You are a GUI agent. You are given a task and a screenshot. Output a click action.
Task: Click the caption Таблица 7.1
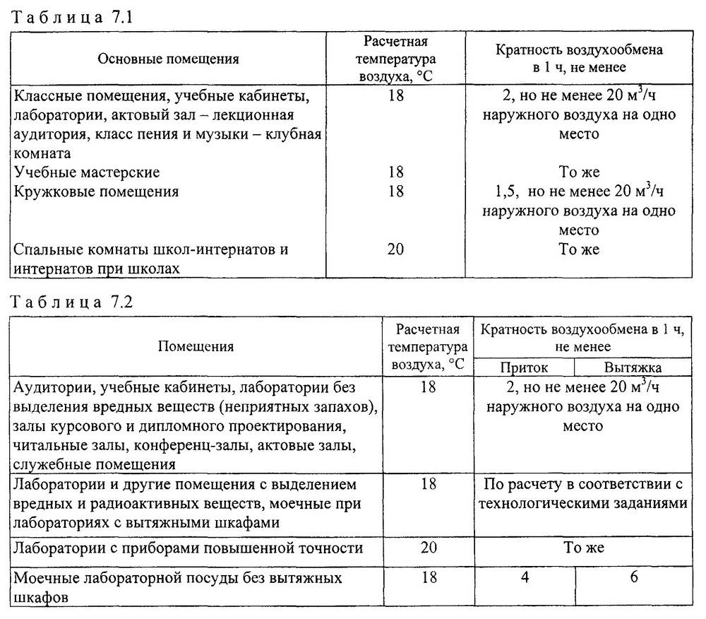click(x=65, y=18)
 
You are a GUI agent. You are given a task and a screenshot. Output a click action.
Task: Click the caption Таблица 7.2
click(x=65, y=302)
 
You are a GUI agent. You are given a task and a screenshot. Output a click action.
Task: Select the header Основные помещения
click(x=168, y=59)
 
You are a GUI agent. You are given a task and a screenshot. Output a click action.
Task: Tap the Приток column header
click(x=524, y=367)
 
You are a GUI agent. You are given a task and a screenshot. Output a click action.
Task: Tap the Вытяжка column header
click(x=633, y=367)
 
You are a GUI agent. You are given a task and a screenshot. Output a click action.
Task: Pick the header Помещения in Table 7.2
click(x=196, y=346)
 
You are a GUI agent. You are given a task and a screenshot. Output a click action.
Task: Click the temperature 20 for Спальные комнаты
click(x=396, y=249)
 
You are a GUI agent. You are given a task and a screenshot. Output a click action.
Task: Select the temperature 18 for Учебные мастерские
click(x=396, y=172)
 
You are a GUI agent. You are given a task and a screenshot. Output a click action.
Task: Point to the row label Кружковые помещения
click(x=96, y=191)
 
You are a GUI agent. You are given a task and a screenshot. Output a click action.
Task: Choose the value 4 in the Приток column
click(x=525, y=578)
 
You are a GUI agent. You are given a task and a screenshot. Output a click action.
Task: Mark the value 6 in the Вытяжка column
click(x=634, y=578)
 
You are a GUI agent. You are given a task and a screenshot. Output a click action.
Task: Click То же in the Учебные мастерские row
click(x=579, y=172)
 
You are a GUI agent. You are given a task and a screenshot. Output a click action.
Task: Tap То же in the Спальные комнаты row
click(x=579, y=249)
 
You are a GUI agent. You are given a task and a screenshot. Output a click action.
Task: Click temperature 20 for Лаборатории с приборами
click(x=429, y=548)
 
